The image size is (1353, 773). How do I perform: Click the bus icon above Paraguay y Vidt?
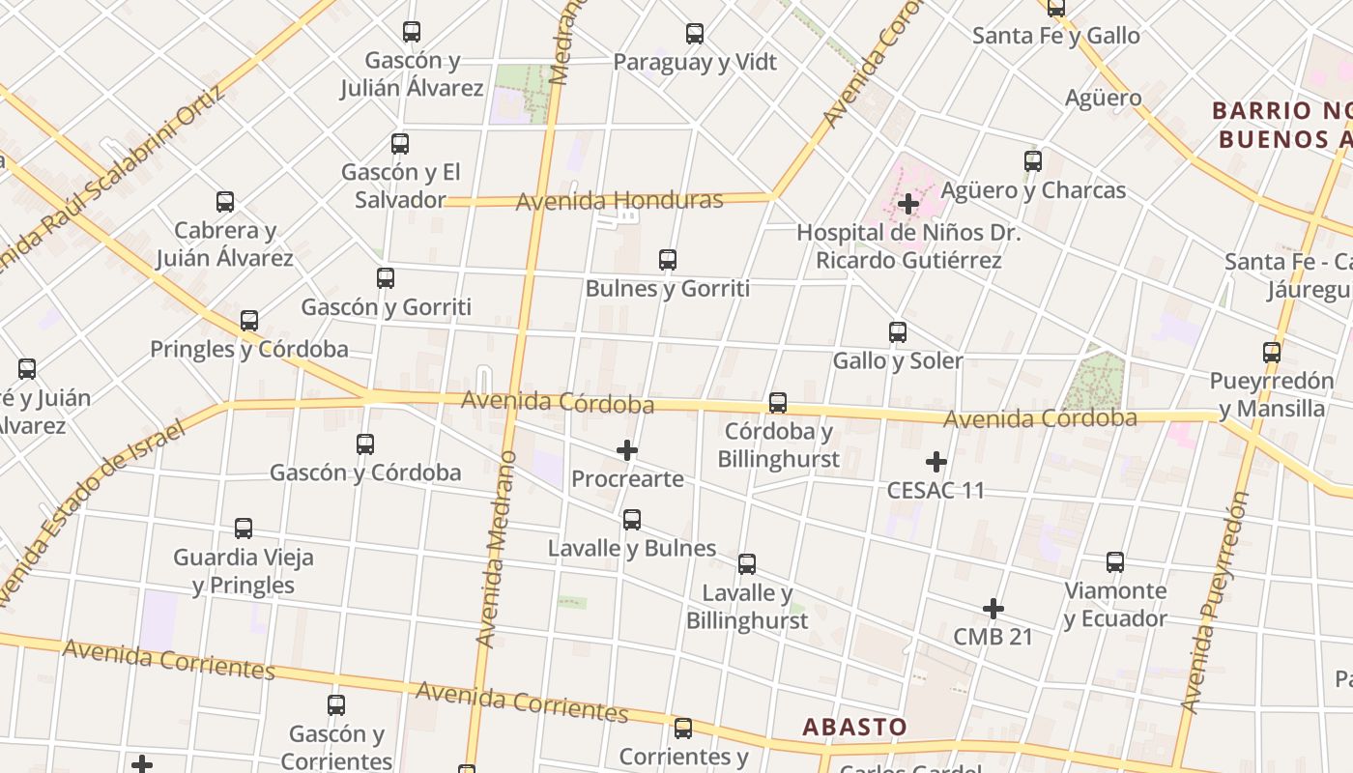pyautogui.click(x=694, y=34)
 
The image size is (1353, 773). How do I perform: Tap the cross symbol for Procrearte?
pyautogui.click(x=627, y=450)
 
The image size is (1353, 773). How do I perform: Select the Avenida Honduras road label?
pyautogui.click(x=619, y=201)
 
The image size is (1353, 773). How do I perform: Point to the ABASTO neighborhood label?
pyautogui.click(x=854, y=727)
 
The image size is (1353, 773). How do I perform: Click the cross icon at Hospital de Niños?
pyautogui.click(x=907, y=204)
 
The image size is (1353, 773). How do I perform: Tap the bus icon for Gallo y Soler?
pyautogui.click(x=897, y=332)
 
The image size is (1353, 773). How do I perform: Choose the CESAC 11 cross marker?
pyautogui.click(x=936, y=462)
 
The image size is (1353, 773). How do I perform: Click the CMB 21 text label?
pyautogui.click(x=993, y=637)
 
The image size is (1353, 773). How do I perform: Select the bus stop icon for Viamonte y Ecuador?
pyautogui.click(x=1114, y=562)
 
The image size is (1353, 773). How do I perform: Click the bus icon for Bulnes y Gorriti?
pyautogui.click(x=667, y=260)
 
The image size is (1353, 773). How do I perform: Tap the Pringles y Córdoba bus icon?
pyautogui.click(x=248, y=321)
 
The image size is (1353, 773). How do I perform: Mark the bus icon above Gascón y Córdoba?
pyautogui.click(x=364, y=444)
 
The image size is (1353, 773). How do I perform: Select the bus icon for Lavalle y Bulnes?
pyautogui.click(x=631, y=520)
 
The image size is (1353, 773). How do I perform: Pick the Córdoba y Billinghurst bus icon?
pyautogui.click(x=777, y=403)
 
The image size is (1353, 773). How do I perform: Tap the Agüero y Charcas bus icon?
pyautogui.click(x=1032, y=161)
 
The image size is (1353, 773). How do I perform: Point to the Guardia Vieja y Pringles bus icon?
pyautogui.click(x=243, y=529)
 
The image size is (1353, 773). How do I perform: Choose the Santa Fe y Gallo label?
pyautogui.click(x=1055, y=36)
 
